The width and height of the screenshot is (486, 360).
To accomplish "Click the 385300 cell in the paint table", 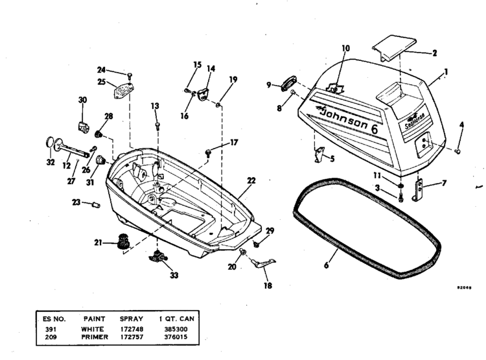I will (x=177, y=329).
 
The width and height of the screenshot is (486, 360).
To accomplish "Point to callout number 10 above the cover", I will (x=345, y=48).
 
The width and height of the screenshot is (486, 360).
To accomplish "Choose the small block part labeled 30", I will (x=82, y=124).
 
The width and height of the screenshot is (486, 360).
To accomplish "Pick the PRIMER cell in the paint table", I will (x=95, y=338).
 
